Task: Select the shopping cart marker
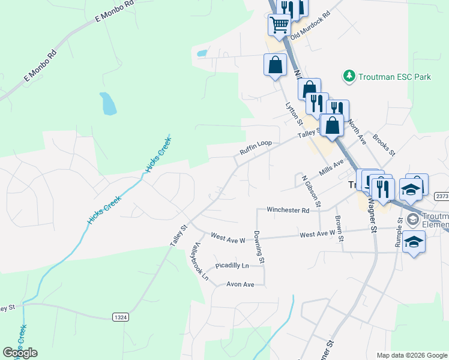[x=279, y=25]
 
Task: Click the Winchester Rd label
[x=288, y=211]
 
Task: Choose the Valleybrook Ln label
[x=199, y=262]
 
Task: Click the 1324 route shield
[x=121, y=316]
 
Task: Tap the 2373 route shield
[x=442, y=197]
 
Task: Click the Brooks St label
[x=384, y=145]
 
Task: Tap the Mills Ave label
[x=331, y=167]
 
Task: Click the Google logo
[x=20, y=353]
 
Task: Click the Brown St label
[x=339, y=229]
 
